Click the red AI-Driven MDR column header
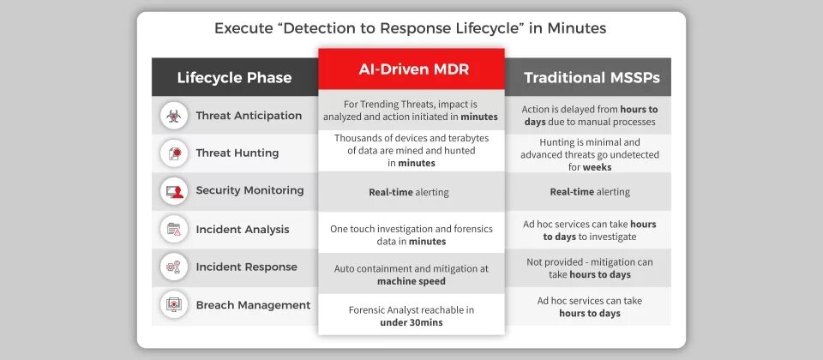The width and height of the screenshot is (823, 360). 411,69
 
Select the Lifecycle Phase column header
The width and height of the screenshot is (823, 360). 234,77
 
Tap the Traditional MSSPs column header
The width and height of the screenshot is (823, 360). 592,77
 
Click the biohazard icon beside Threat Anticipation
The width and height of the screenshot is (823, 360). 174,116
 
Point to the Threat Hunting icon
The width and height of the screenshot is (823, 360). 174,153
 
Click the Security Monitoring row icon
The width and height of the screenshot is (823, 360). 174,191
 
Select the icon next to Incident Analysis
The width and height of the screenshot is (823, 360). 174,229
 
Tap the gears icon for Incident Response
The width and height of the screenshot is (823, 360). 174,267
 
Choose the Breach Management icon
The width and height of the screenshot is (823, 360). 174,305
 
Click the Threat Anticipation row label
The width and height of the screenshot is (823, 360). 249,116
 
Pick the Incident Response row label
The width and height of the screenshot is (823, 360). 246,267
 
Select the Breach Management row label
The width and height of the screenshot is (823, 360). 253,305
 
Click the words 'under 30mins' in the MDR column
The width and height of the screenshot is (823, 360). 411,323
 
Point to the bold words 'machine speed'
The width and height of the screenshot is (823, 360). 411,281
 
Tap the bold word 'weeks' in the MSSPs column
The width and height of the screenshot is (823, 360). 597,167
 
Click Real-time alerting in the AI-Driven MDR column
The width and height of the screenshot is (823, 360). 409,192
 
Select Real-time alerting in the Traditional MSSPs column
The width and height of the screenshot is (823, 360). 590,192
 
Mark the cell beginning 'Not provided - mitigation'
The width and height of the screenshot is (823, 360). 590,268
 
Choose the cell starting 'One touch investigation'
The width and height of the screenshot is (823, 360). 411,235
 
